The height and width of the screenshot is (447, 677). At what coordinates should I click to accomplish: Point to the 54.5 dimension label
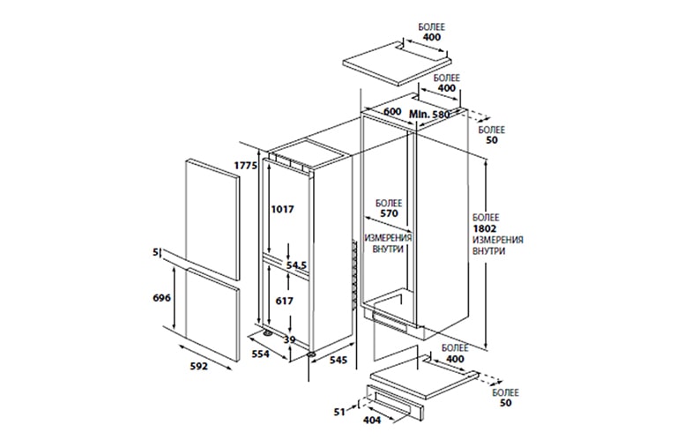click(x=294, y=264)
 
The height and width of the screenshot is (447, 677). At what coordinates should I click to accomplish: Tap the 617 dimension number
click(x=282, y=302)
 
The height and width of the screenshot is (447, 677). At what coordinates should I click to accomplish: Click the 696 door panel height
click(x=161, y=299)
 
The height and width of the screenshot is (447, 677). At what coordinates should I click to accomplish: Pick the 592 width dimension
click(x=199, y=365)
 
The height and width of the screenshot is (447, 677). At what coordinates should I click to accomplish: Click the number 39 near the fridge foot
click(x=289, y=339)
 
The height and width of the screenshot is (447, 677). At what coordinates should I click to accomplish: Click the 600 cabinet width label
click(x=392, y=113)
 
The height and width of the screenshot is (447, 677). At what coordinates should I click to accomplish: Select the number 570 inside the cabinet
click(x=388, y=214)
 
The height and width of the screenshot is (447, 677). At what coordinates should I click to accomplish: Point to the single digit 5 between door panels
click(x=156, y=254)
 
